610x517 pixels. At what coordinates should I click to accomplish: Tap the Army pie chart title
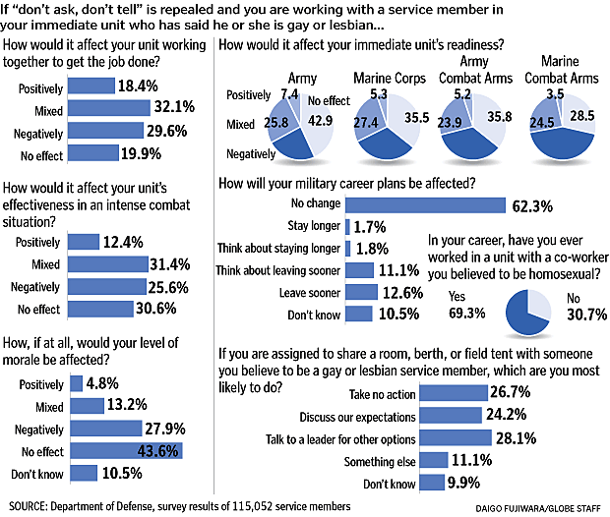coord(300,77)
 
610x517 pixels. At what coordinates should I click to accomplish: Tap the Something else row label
coord(378,461)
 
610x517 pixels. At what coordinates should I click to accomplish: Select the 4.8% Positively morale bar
coord(76,383)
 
